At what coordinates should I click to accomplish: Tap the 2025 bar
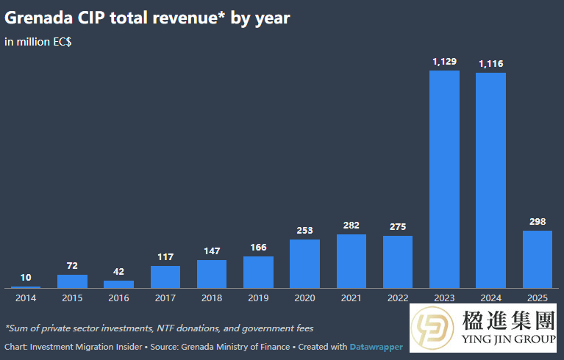point(538,259)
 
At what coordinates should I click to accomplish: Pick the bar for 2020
point(304,263)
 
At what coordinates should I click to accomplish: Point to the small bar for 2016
point(118,284)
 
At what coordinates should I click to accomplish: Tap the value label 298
point(538,222)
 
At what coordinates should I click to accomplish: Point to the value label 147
point(212,251)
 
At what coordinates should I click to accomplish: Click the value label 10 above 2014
point(26,278)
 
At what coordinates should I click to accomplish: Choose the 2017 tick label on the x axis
point(165,298)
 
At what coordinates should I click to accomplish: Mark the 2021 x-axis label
point(351,298)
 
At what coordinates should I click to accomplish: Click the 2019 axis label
point(258,298)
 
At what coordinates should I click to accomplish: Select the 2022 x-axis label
point(398,298)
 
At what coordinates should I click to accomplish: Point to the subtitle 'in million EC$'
point(38,42)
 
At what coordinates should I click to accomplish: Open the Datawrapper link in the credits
point(376,346)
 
